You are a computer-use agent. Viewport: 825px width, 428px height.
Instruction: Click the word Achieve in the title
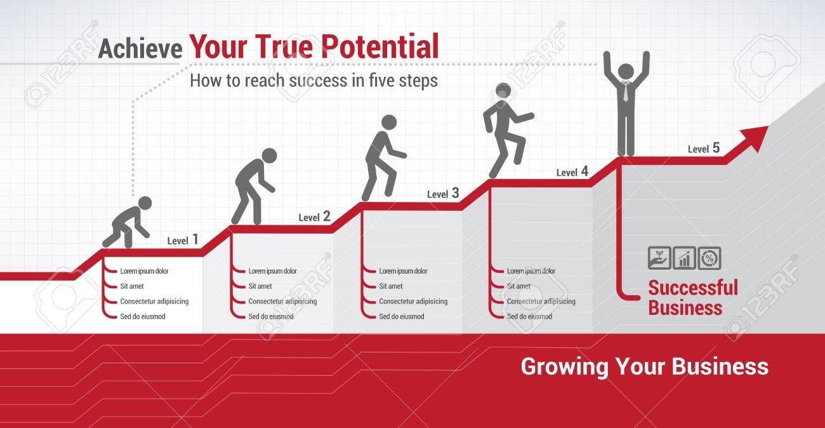140,49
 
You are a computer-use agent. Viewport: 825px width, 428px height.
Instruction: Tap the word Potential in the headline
379,46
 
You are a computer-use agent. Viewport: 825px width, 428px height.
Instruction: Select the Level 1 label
183,240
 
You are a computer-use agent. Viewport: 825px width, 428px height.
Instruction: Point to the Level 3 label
443,193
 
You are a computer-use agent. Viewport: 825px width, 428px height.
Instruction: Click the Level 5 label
703,148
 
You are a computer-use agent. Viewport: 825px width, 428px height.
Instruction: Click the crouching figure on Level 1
127,222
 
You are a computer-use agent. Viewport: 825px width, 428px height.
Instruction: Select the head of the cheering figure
626,70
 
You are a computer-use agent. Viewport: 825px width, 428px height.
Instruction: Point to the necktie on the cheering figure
626,92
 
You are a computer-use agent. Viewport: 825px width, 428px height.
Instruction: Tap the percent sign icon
709,258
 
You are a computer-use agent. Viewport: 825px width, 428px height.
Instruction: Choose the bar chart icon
684,258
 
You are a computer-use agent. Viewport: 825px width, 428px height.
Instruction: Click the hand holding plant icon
659,258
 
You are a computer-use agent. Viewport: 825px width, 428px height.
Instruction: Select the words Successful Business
693,297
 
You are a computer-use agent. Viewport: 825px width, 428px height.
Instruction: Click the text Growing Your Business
645,367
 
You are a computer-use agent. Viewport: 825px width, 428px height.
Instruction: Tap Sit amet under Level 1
132,286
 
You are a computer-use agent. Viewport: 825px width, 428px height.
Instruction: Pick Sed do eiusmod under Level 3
402,316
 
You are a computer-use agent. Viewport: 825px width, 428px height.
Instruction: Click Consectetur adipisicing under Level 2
282,301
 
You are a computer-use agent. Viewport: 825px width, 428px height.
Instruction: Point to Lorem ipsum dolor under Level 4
531,271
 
